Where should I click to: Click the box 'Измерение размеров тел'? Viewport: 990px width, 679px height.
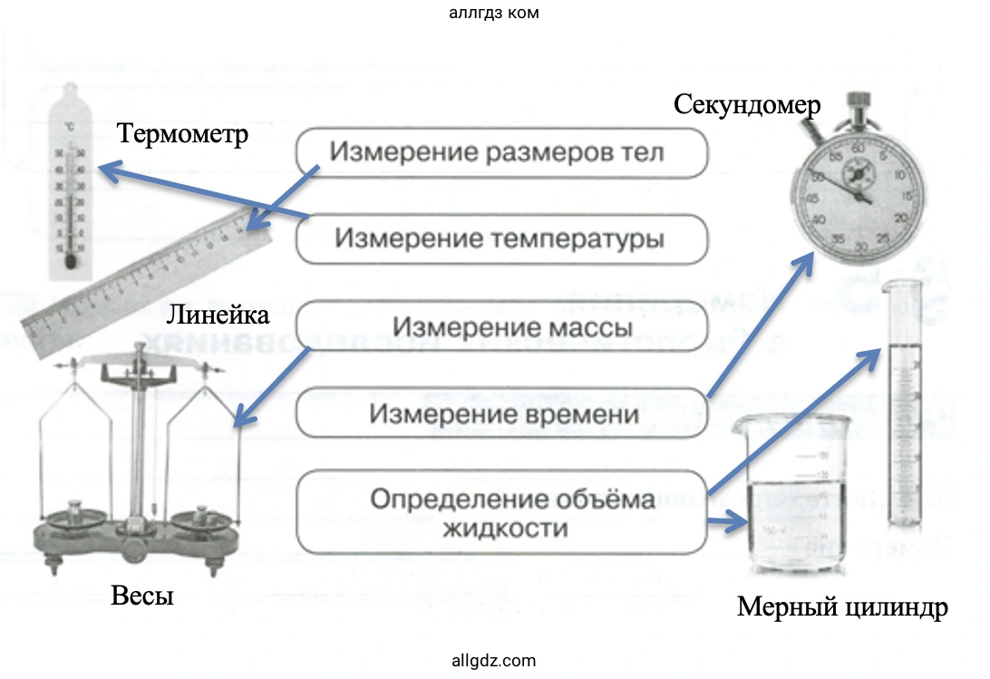(500, 151)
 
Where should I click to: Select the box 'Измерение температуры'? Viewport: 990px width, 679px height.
(500, 239)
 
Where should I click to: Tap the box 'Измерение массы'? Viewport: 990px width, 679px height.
(500, 326)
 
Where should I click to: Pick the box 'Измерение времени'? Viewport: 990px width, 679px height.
(500, 413)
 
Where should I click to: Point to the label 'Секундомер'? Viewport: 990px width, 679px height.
(747, 105)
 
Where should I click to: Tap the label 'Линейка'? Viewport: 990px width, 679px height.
(218, 315)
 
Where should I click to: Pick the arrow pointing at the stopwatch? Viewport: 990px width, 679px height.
(760, 325)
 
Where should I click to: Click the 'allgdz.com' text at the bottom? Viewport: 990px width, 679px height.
(494, 661)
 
